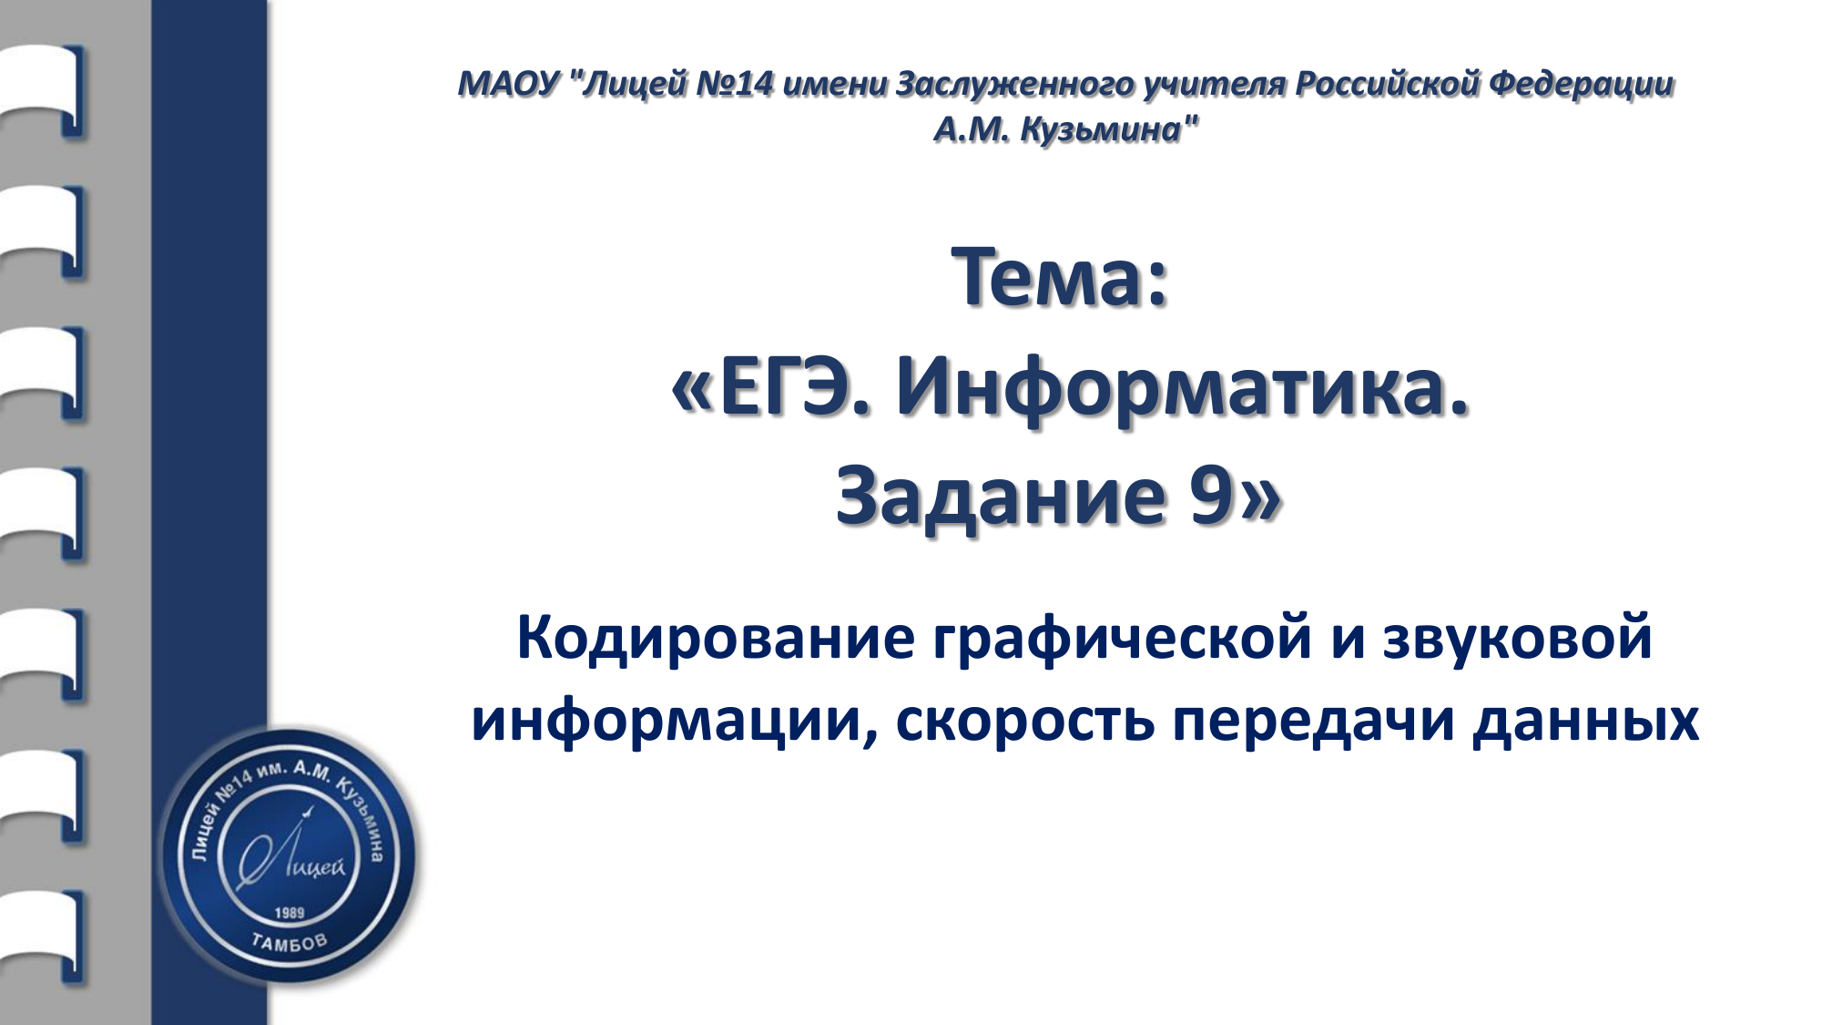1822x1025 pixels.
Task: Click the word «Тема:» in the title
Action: click(x=1059, y=277)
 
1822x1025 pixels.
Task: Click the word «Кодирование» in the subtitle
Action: click(x=716, y=638)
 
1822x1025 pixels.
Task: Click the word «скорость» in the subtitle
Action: click(x=1025, y=721)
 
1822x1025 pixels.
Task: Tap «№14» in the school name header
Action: click(x=735, y=84)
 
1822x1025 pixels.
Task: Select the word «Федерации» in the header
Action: click(x=1582, y=84)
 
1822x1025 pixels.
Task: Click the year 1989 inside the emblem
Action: click(x=290, y=913)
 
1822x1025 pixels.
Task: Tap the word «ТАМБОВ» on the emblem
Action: click(x=289, y=942)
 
